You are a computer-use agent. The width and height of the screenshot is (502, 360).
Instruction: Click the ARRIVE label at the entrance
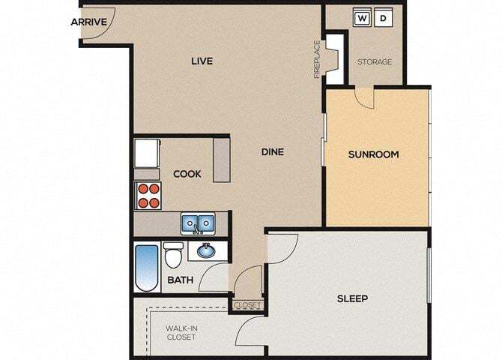coord(88,22)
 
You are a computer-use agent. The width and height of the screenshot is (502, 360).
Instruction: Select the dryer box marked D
coord(383,18)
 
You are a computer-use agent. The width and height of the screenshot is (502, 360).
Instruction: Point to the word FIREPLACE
coord(317,58)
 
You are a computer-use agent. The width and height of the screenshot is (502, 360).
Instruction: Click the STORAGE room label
coord(374,61)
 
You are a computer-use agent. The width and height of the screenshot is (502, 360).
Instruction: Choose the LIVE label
coord(202,61)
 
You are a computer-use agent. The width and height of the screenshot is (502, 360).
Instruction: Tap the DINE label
coord(272,151)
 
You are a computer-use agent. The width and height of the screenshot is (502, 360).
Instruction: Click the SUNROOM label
coord(373,154)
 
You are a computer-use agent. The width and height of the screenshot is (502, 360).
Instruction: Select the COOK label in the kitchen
coord(187,174)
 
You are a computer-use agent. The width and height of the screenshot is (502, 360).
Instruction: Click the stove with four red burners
coord(148,195)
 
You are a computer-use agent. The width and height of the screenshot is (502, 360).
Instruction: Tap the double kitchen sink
coord(198,223)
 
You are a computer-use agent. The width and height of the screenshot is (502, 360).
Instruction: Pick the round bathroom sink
coord(204,250)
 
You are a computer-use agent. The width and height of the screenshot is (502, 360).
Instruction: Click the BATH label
coord(181,280)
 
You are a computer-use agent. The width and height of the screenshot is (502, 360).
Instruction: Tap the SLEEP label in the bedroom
coord(351,298)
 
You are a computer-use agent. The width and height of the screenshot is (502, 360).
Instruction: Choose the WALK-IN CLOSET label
coord(181,332)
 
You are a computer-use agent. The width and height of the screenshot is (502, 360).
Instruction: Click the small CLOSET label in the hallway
coord(247,305)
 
